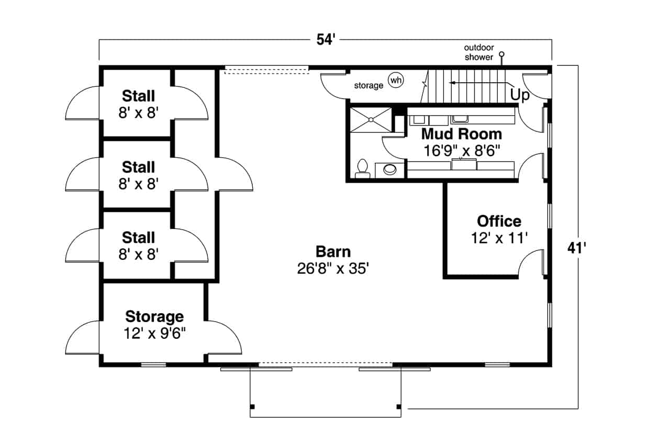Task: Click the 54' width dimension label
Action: (x=325, y=40)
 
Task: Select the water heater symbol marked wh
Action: (x=396, y=80)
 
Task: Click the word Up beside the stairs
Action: (x=519, y=95)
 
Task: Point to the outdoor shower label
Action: (x=479, y=52)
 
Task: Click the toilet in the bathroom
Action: (x=362, y=168)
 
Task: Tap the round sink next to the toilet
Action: (x=390, y=169)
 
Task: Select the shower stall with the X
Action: (x=371, y=120)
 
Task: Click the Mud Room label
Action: (x=462, y=134)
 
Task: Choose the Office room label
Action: (x=499, y=221)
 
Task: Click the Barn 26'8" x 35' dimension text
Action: (x=333, y=269)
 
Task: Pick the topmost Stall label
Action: (x=138, y=96)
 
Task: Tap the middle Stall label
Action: (x=138, y=167)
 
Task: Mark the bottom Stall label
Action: (x=138, y=238)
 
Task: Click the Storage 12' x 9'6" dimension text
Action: (x=154, y=333)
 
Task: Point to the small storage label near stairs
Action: (x=368, y=85)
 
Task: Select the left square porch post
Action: (x=252, y=406)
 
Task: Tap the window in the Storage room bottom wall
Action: (x=153, y=364)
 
